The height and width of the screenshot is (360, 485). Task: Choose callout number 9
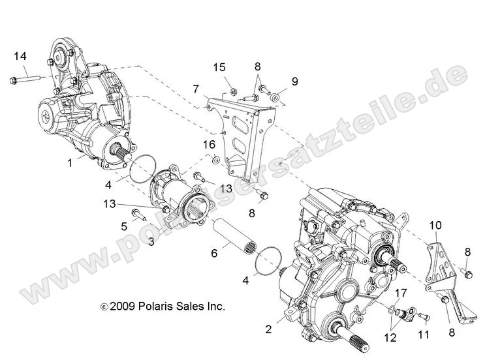pos(294,82)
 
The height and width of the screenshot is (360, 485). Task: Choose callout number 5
pos(123,226)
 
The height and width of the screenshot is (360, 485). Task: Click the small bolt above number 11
pos(422,316)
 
